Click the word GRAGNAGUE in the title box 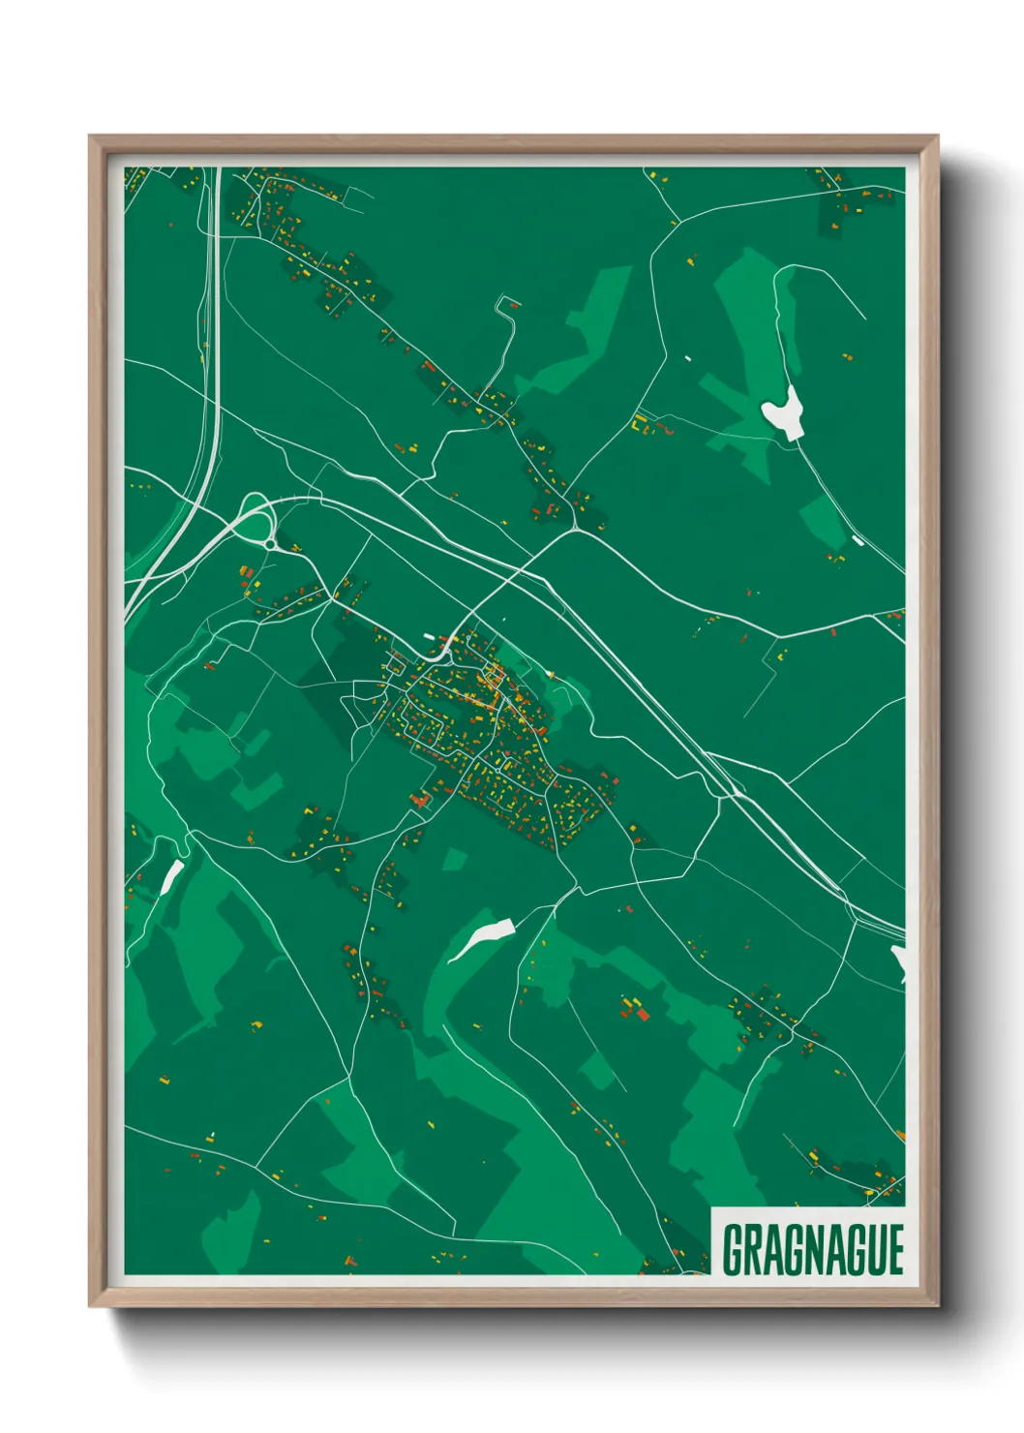tap(812, 1249)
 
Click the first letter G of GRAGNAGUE tap(734, 1249)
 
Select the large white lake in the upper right tap(783, 413)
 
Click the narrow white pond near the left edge tap(171, 877)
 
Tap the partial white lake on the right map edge tap(899, 960)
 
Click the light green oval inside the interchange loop tap(256, 529)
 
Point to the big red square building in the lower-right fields tap(642, 1013)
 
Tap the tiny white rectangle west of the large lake tap(688, 359)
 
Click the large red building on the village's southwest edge tap(420, 800)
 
